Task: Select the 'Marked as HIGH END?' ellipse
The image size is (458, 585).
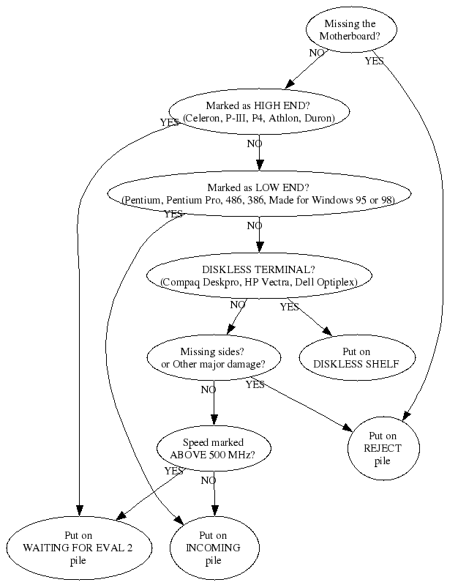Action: pos(258,111)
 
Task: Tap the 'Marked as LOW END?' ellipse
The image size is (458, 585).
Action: pos(258,193)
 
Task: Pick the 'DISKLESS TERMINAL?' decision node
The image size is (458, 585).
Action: pos(258,275)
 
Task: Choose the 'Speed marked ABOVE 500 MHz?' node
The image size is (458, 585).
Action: pos(214,448)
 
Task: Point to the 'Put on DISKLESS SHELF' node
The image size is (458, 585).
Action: pos(348,357)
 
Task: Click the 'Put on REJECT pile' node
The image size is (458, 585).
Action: pos(383,448)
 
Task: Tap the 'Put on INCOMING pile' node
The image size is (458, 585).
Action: pos(214,547)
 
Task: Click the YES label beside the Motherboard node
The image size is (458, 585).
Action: pos(374,61)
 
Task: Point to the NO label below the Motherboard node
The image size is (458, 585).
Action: pos(317,53)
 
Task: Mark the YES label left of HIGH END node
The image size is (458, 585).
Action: pos(169,123)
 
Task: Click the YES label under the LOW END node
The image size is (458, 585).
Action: pos(173,214)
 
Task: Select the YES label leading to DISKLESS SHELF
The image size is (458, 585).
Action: pos(289,307)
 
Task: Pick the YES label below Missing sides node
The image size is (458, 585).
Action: pos(255,384)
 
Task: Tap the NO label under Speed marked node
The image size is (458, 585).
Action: pos(208,480)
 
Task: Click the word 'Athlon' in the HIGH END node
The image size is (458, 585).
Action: pos(282,118)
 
